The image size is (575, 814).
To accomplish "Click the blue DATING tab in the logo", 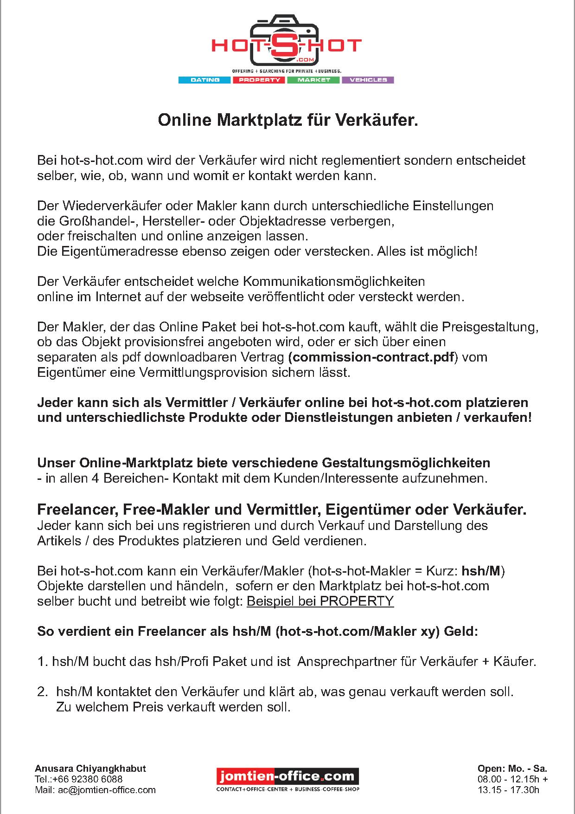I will pos(204,80).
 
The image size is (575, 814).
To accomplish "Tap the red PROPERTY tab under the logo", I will pos(259,80).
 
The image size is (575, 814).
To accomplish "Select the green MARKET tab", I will pos(314,80).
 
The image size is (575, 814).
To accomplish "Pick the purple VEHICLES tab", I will pos(368,80).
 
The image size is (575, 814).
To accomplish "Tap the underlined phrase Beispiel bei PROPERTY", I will pos(320,601).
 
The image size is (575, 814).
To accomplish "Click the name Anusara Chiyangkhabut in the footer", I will pos(90,768).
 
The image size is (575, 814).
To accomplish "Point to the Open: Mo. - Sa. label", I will pos(512,768).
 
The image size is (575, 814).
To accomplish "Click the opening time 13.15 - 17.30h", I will pos(508,790).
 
